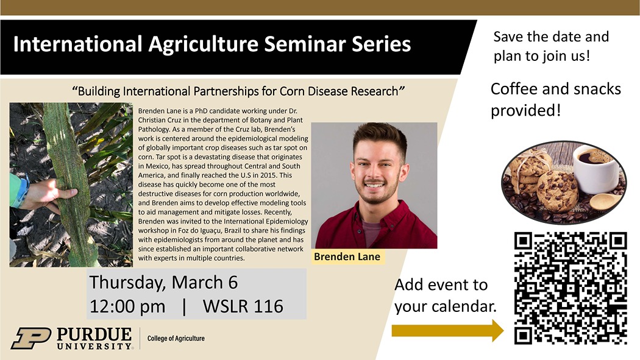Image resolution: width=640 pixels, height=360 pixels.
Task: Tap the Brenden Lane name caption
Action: [347, 256]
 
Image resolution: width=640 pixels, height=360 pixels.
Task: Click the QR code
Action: [570, 288]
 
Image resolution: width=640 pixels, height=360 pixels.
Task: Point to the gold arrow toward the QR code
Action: [448, 330]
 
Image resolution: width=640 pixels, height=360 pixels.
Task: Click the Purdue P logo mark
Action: [32, 338]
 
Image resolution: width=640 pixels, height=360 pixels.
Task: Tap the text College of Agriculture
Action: [176, 339]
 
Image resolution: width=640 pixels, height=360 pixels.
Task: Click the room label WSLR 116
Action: [243, 306]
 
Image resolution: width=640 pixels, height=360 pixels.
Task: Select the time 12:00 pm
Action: [127, 306]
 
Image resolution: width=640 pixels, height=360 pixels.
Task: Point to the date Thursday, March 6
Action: [163, 282]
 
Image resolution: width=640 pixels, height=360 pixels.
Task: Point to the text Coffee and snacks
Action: [555, 89]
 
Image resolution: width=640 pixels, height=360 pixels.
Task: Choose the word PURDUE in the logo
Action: [94, 334]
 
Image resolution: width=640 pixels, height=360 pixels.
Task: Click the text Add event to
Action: [441, 284]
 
